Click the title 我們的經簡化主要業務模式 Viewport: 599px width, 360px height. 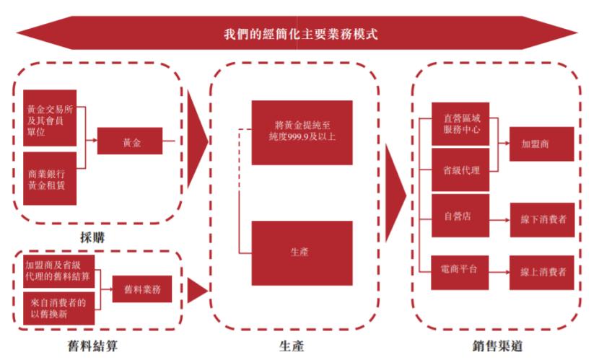coord(299,34)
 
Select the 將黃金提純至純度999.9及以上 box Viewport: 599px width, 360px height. coord(302,132)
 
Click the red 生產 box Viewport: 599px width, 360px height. coord(302,253)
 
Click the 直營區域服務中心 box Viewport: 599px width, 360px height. coord(460,123)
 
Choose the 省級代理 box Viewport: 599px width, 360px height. coord(460,170)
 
